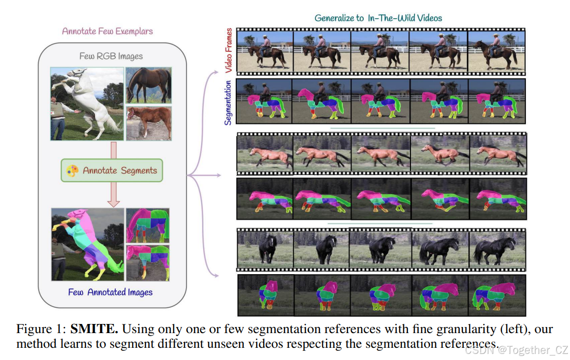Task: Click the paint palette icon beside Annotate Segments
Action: click(72, 171)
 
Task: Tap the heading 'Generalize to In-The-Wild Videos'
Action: click(378, 18)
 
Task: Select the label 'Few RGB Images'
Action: click(111, 56)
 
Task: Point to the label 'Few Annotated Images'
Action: click(110, 292)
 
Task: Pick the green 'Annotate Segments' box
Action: click(112, 171)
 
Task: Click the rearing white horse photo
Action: click(87, 104)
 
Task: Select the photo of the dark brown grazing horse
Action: click(148, 85)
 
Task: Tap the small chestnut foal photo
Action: click(148, 122)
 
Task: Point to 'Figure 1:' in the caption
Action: click(41, 329)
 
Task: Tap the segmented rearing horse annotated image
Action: click(87, 244)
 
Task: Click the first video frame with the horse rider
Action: click(265, 50)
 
